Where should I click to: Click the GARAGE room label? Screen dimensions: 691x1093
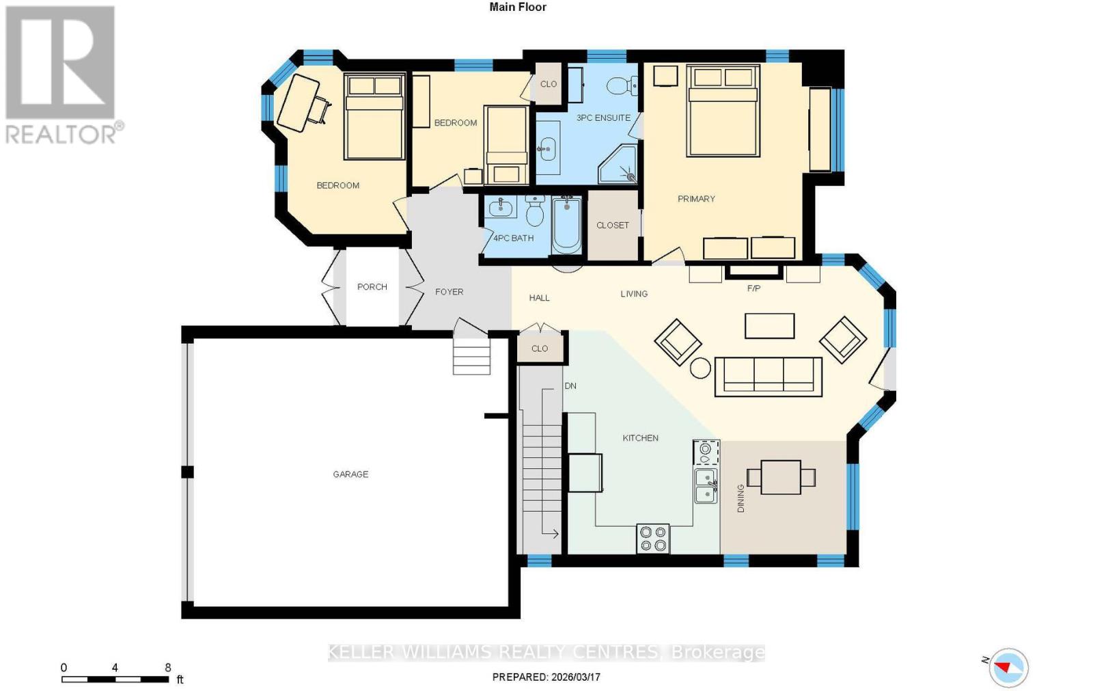[350, 474]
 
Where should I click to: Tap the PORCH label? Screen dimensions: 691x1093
[372, 286]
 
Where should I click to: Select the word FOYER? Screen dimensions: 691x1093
[449, 292]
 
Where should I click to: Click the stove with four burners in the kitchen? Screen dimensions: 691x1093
[652, 538]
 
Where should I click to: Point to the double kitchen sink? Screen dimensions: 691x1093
[706, 485]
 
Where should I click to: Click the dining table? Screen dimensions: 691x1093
[781, 477]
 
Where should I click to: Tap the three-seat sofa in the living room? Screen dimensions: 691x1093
[768, 376]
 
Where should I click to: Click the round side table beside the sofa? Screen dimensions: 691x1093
[700, 368]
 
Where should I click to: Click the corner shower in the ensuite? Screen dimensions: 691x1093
[619, 166]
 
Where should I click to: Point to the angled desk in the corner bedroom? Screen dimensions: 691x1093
[299, 103]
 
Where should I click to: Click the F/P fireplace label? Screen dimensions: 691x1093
[753, 288]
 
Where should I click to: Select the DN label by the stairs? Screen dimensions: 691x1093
[570, 386]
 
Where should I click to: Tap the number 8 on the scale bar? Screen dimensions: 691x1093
[167, 668]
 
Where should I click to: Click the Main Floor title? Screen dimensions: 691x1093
[518, 7]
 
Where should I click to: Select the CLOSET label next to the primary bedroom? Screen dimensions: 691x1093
[612, 225]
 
